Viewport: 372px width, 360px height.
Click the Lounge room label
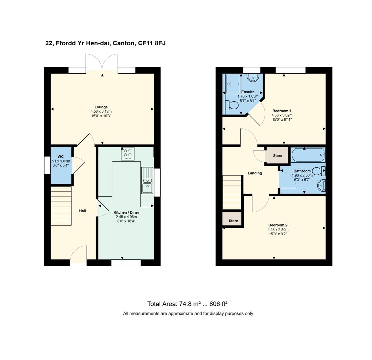[101, 107]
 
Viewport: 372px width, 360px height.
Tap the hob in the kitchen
[128, 153]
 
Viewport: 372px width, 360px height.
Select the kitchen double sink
[147, 180]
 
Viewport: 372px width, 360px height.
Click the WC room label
[61, 157]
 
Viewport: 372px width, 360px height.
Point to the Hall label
[83, 211]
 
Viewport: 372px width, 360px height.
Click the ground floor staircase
[61, 206]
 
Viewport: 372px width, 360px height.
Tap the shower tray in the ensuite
[233, 84]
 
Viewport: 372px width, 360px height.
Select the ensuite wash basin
[253, 78]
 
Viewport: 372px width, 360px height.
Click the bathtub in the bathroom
[308, 155]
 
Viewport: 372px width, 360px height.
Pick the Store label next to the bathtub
[277, 156]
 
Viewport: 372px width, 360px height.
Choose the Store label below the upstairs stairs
[233, 221]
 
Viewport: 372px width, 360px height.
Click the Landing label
[255, 173]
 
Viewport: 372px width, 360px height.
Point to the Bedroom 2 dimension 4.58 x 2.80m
[278, 230]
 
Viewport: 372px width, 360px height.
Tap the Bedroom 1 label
[282, 111]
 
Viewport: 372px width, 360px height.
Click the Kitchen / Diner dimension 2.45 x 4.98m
[126, 217]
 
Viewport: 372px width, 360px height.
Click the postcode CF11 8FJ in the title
[152, 43]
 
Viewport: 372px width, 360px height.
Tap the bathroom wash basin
[321, 185]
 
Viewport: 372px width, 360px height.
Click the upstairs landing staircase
[232, 192]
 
